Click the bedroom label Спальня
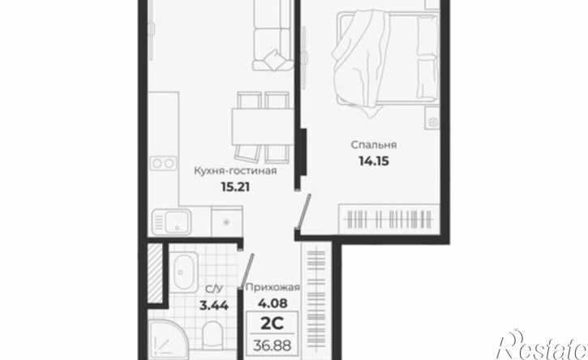[374, 145]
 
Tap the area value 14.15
[374, 161]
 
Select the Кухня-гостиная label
[235, 171]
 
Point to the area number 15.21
[235, 186]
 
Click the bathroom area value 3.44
[214, 306]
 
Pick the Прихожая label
[273, 288]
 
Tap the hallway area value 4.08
[273, 302]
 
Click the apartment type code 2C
[272, 324]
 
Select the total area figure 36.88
[272, 345]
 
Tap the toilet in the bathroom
[214, 335]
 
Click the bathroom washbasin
[185, 270]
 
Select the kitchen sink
[171, 221]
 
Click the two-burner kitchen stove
[163, 164]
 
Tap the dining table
[262, 126]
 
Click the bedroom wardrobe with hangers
[389, 219]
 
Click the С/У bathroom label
[214, 289]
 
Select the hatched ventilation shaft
[155, 273]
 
